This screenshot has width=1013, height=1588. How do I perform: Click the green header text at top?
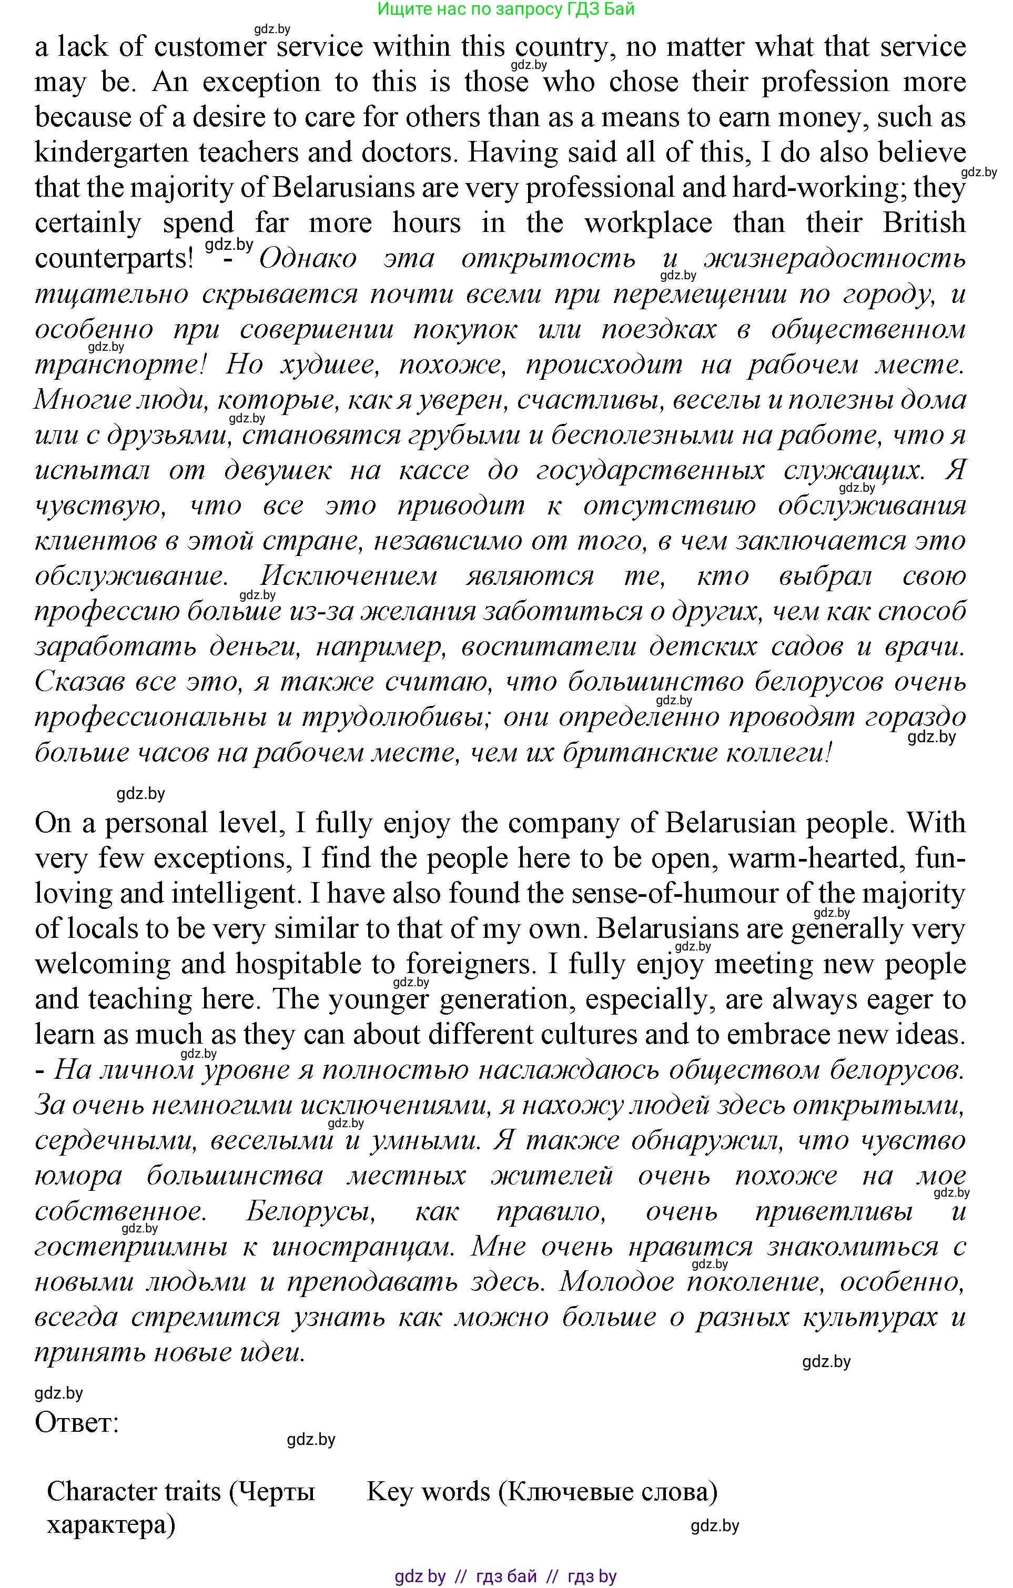click(x=506, y=9)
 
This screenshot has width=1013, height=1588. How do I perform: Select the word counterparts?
click(x=114, y=258)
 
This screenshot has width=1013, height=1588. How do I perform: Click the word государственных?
click(x=650, y=470)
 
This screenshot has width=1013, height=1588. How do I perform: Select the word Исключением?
click(x=349, y=576)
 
